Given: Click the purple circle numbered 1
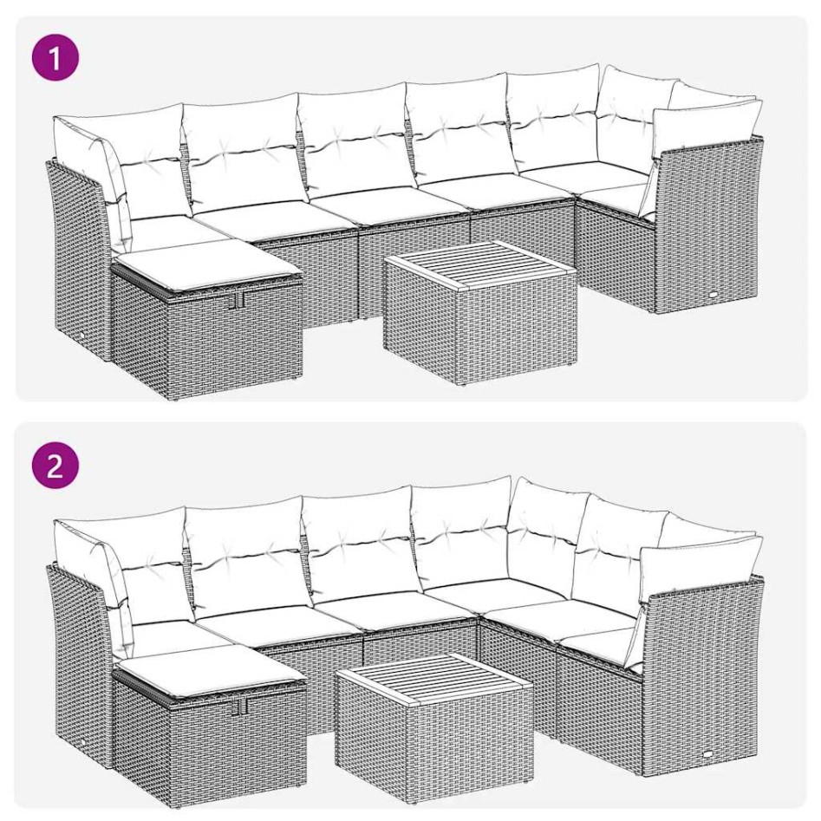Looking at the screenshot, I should tap(55, 59).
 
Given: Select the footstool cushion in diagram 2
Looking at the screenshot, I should tap(208, 672).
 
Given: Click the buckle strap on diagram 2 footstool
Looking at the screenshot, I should tap(240, 708).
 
